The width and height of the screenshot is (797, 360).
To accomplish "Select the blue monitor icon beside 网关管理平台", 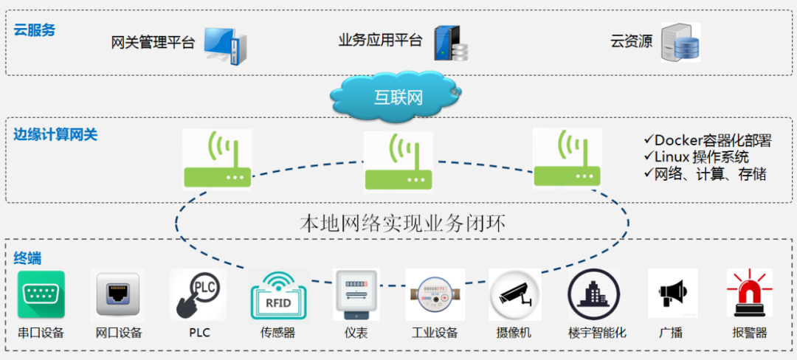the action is [x=225, y=45].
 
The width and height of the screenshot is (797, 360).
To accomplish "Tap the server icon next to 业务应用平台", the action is [x=451, y=44].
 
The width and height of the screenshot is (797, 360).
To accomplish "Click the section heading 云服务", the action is [x=35, y=30].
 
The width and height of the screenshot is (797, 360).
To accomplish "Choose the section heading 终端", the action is [x=27, y=258].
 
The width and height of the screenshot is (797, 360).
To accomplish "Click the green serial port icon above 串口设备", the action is [x=41, y=294].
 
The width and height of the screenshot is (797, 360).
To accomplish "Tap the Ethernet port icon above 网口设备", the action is [x=117, y=295].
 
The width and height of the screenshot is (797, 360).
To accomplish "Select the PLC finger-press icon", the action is [x=198, y=294].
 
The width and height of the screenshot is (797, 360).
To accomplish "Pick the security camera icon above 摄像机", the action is [x=514, y=295].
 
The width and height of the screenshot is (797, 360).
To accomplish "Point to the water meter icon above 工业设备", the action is [x=435, y=295].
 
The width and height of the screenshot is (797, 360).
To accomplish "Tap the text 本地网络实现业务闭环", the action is [x=403, y=224].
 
